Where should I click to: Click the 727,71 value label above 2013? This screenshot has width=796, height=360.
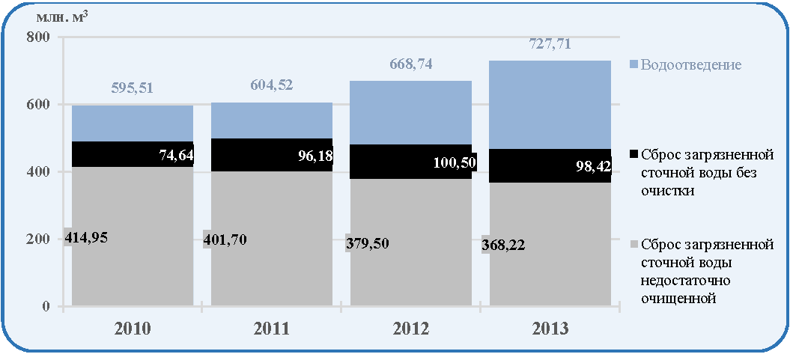coord(549,44)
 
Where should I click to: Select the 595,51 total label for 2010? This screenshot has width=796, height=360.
coord(132,88)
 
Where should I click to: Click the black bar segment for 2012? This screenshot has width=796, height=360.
coord(410,161)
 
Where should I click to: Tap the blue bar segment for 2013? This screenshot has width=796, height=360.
coord(550,105)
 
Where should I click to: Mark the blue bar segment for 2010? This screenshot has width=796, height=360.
coord(133,123)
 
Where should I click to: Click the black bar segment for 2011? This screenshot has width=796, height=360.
coord(272,155)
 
